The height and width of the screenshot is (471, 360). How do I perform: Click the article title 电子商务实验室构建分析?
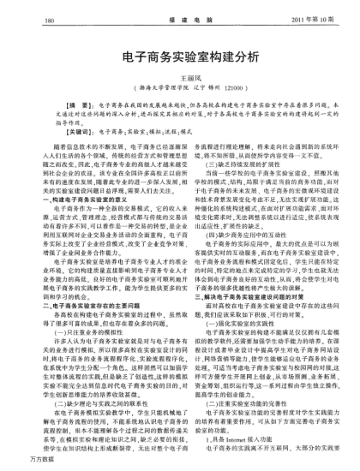pyautogui.click(x=180, y=57)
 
